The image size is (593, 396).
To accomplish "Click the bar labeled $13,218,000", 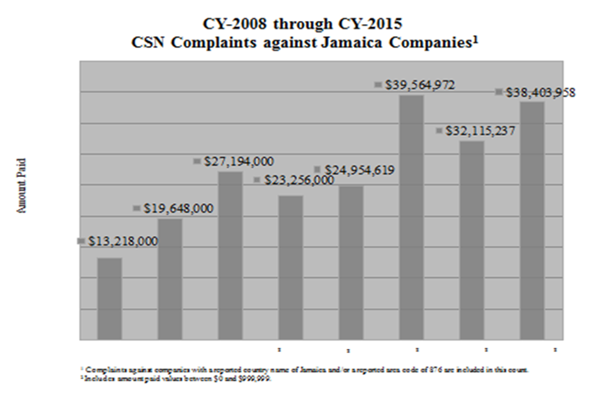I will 110,299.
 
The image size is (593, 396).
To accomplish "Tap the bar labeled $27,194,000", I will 230,256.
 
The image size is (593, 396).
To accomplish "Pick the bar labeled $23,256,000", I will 290,268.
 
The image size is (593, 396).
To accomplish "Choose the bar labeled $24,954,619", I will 351,263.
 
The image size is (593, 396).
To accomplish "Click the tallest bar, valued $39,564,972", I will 411,217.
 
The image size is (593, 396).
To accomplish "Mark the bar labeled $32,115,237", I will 471,240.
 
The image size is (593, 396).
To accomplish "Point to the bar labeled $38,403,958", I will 532,221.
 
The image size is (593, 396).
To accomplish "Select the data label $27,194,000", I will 239,161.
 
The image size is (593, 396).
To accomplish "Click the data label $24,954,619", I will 359,170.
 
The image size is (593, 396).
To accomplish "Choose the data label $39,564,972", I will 420,85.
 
